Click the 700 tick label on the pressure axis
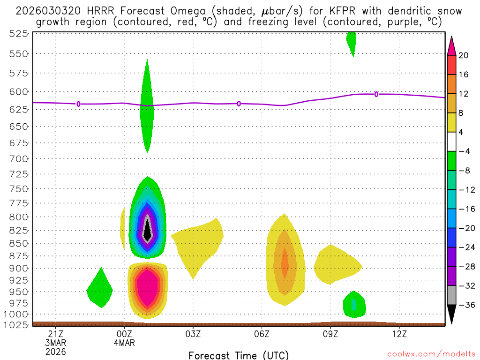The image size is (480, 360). [19, 159]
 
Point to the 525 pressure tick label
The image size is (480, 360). [19, 33]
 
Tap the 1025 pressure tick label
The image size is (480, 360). [17, 324]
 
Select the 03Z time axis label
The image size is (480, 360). [193, 334]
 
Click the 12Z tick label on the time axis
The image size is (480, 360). [399, 334]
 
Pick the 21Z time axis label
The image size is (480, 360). [56, 334]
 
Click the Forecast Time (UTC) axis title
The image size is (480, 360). [239, 355]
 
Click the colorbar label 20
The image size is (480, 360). [464, 55]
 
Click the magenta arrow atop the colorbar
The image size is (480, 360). [451, 45]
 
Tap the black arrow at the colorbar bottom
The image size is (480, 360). [451, 315]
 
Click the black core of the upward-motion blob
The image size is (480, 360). [148, 230]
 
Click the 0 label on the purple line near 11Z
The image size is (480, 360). [376, 94]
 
